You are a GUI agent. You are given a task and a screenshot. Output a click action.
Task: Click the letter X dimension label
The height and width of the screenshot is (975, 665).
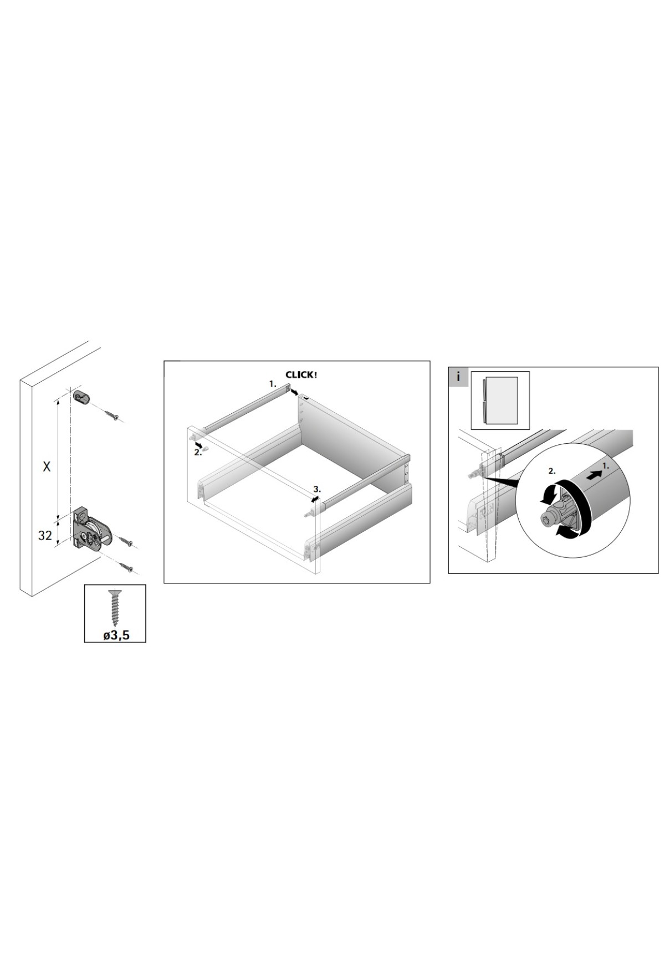click(47, 467)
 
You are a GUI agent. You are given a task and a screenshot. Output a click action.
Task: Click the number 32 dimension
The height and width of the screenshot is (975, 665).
click(45, 536)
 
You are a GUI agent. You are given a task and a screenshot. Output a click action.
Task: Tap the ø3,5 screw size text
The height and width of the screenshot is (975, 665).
click(116, 635)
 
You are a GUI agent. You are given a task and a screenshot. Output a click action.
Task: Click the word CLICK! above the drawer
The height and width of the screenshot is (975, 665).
click(301, 375)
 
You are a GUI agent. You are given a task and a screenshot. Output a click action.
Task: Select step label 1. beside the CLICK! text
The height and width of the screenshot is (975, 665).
click(273, 383)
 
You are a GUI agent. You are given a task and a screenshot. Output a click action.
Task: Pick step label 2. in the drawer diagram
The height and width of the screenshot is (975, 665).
click(198, 452)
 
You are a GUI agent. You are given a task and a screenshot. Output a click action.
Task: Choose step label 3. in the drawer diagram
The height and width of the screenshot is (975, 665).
click(316, 489)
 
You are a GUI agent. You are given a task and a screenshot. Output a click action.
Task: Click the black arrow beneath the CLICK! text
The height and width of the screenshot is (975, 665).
click(293, 393)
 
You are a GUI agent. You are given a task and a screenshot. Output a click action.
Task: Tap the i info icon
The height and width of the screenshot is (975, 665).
click(458, 377)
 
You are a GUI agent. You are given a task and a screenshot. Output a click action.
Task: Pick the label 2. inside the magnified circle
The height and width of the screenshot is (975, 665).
click(551, 471)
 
